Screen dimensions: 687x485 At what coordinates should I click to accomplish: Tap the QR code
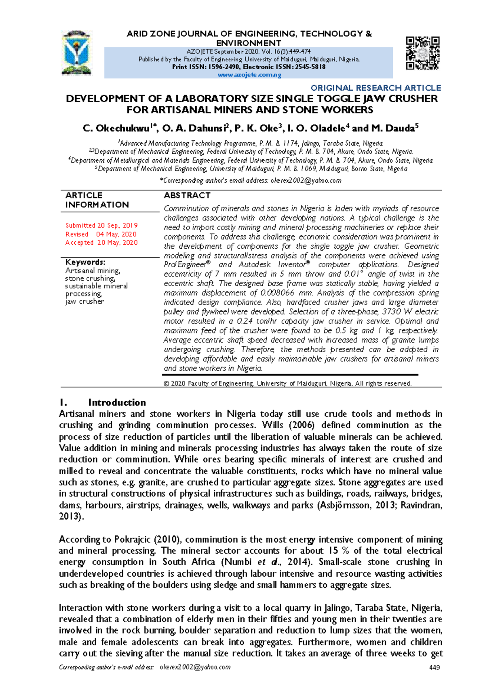tap(422, 53)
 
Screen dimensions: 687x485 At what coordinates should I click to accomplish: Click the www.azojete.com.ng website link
tap(249, 75)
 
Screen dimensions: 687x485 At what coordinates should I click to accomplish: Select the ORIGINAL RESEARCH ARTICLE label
tap(375, 88)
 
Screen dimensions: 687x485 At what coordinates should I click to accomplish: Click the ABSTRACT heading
tap(187, 195)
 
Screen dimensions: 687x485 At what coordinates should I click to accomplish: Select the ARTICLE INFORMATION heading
tap(97, 200)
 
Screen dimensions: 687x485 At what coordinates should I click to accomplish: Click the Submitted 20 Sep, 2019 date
tap(101, 225)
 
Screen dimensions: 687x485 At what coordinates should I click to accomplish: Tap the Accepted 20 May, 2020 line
tap(101, 243)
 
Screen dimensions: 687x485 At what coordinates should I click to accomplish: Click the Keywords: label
tap(85, 262)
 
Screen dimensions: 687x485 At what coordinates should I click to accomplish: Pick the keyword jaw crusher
tap(84, 301)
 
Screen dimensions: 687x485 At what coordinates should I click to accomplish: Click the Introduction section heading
tap(117, 402)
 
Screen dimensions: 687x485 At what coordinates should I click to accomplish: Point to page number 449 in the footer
tap(434, 667)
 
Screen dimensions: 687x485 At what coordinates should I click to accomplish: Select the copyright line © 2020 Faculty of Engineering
tap(287, 383)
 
